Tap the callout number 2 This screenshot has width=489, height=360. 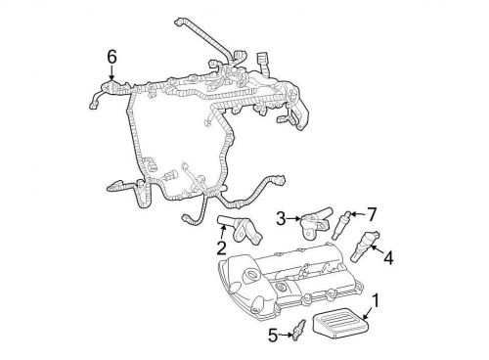point(221,247)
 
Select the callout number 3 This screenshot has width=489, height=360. point(280,217)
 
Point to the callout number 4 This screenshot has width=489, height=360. point(388,258)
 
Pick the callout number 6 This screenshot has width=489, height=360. point(111,59)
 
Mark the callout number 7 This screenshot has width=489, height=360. point(372,213)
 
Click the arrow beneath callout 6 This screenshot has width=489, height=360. point(111,73)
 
